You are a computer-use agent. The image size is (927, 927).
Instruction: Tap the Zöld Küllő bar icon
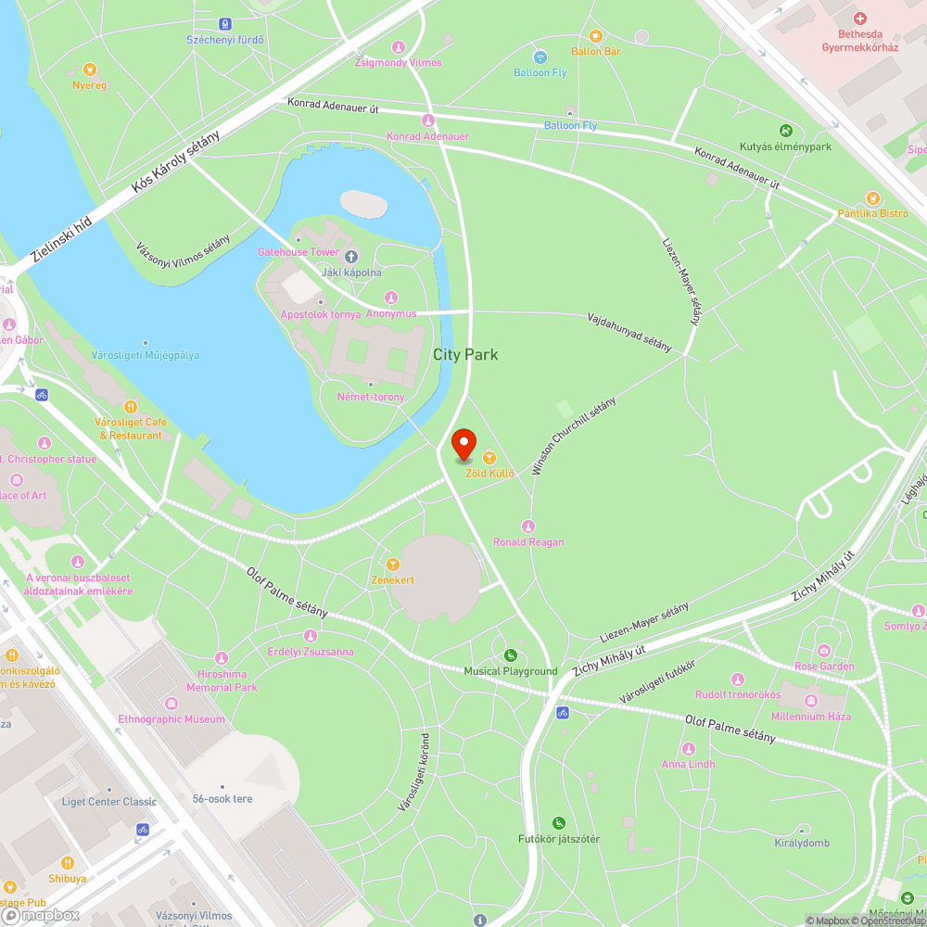coord(489,458)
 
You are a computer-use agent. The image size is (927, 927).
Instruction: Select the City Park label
coord(465,354)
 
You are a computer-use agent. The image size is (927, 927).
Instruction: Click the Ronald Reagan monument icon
coord(528,527)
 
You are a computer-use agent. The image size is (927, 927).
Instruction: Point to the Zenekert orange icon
coord(392,564)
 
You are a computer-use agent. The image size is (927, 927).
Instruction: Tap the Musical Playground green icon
coord(510,655)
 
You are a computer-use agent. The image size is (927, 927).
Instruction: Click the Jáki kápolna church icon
coord(350,257)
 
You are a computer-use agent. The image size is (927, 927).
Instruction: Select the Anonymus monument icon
coord(390,298)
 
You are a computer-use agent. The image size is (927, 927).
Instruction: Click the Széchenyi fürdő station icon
coord(225,23)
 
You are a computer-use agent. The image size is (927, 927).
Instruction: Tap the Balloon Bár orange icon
coord(596,36)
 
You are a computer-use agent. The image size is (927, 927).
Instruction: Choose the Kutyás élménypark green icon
coord(785,131)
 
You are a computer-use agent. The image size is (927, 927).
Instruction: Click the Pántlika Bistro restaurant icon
coord(872,197)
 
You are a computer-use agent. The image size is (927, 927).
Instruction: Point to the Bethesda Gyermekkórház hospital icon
coord(859,19)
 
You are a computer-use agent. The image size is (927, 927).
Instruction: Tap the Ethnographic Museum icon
coord(171,703)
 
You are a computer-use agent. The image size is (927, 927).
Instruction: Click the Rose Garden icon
coord(824,650)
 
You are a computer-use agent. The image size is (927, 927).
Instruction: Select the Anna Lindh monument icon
coord(688,748)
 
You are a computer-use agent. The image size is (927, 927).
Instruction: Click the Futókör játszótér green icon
coord(558,822)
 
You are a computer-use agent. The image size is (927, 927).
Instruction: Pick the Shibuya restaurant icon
coord(68,863)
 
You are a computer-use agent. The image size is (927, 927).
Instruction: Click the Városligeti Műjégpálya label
coord(146,355)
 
